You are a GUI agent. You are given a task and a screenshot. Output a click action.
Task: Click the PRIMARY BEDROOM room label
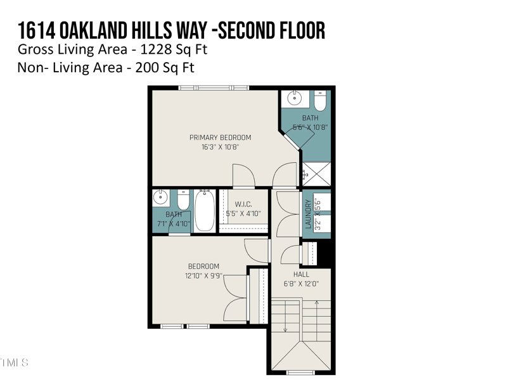coord(220,137)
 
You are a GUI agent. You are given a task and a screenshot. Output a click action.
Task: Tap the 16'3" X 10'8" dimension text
coord(220,147)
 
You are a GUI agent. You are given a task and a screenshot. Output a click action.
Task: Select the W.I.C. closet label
coord(244,204)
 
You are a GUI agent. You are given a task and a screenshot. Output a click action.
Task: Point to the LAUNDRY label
coord(309,214)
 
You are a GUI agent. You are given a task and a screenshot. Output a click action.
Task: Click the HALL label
coord(301,274)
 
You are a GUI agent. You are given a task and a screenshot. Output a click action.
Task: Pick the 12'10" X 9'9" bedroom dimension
coord(203,275)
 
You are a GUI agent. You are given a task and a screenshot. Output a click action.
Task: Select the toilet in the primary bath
coord(319,101)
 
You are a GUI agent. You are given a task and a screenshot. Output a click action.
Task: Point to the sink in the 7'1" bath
coord(161,199)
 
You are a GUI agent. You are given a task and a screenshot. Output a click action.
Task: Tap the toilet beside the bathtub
coord(183,200)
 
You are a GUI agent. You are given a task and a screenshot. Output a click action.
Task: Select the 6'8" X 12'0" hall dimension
coord(301,284)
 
